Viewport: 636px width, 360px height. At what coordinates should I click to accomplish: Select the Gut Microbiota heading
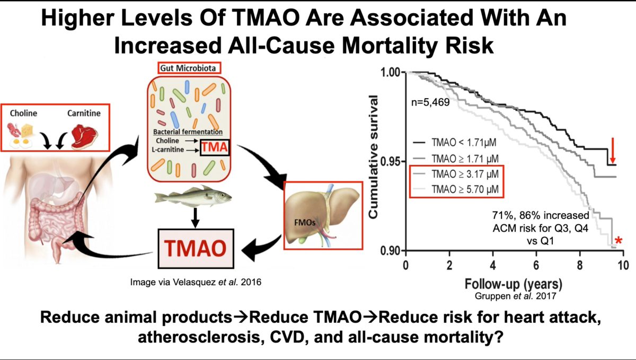coord(189,68)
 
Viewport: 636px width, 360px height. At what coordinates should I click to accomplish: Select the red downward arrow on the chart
coord(613,151)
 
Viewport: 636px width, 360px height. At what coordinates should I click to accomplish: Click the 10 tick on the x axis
coord(621,264)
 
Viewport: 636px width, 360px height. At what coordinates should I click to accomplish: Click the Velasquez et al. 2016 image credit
coord(196,283)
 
